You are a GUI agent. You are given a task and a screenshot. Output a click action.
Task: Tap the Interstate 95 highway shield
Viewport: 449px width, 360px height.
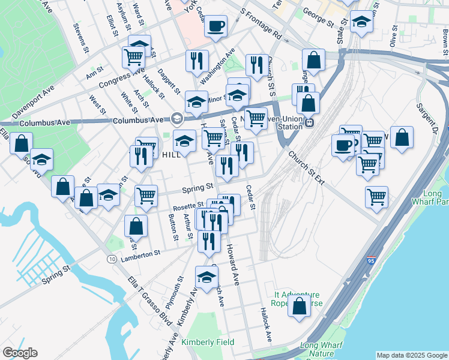[x=372, y=262]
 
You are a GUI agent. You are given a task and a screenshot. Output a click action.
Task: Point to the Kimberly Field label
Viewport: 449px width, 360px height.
[x=208, y=342]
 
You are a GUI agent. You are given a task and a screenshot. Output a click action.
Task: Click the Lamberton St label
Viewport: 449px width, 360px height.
[x=140, y=254]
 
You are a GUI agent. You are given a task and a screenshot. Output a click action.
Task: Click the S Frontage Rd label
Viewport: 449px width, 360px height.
[x=260, y=23]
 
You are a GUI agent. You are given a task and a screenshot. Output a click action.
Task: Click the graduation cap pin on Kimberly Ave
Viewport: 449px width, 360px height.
[x=206, y=278]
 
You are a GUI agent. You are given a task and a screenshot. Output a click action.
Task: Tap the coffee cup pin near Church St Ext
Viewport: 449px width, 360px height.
[x=344, y=145]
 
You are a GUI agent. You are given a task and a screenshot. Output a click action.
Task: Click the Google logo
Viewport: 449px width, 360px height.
[x=20, y=353]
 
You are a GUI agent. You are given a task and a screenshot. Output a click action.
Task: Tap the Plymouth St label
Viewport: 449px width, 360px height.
[x=175, y=293]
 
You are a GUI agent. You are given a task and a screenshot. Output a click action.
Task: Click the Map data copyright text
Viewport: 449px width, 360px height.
[x=412, y=355]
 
